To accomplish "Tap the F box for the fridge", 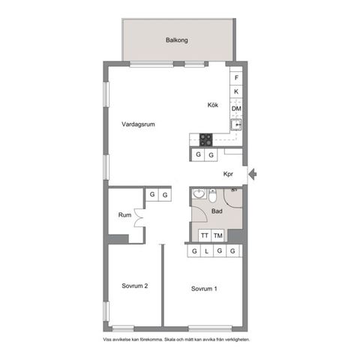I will tap(236, 78).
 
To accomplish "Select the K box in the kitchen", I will tap(236, 92).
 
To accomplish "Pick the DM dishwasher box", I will tap(236, 109).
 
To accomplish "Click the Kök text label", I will tap(213, 106).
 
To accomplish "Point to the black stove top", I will tap(205, 138).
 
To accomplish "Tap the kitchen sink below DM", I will tap(236, 124).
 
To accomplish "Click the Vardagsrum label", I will tap(138, 124).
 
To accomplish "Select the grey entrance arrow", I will tap(253, 175).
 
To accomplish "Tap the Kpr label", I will tap(229, 175).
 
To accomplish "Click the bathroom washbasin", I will tap(198, 195).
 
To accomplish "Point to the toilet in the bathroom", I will tap(212, 196).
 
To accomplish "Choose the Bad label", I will tap(217, 211).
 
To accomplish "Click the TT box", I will tap(204, 235).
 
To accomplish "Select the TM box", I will tap(218, 235).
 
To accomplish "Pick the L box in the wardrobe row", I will tap(207, 251).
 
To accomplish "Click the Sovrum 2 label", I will tap(135, 286).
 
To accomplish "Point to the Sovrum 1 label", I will tap(204, 289).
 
